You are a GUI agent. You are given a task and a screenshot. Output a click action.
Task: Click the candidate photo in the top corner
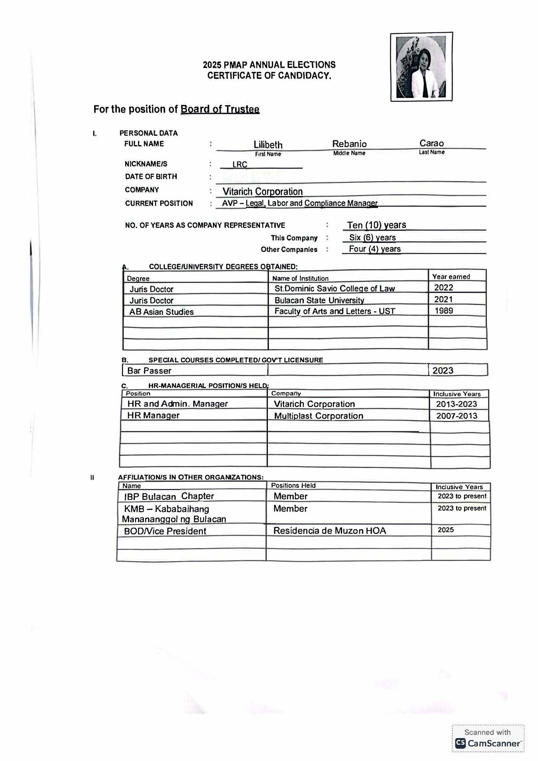coord(421,67)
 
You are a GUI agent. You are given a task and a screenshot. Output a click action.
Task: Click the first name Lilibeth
coord(268,145)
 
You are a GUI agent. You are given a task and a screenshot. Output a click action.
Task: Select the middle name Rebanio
coord(349,144)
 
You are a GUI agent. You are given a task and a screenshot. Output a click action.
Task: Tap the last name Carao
coord(431,143)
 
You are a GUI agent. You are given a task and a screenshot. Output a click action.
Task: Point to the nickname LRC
coord(239,164)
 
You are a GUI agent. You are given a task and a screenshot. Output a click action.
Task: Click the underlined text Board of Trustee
coord(219,109)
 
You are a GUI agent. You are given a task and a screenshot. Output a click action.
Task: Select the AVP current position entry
coord(299,203)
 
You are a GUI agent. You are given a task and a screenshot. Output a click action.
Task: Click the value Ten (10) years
coord(376,225)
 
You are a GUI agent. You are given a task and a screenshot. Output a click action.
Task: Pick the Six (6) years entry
coord(372,238)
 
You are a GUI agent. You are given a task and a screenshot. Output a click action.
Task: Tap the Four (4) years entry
coord(374,249)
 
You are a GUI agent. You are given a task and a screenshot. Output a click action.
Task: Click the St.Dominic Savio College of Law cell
coord(334,289)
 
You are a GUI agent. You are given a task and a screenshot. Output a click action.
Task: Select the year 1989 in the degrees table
coord(443,311)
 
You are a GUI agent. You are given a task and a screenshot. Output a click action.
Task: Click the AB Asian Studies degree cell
coord(161,312)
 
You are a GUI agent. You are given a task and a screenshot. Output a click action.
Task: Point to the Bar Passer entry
coord(149,371)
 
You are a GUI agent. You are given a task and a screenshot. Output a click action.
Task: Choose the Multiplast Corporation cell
coord(319,416)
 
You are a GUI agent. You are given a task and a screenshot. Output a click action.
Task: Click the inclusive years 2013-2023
coord(457,404)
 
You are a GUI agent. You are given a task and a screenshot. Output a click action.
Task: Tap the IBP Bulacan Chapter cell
coord(169,496)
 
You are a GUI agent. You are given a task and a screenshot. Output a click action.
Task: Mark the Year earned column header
coord(451,277)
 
